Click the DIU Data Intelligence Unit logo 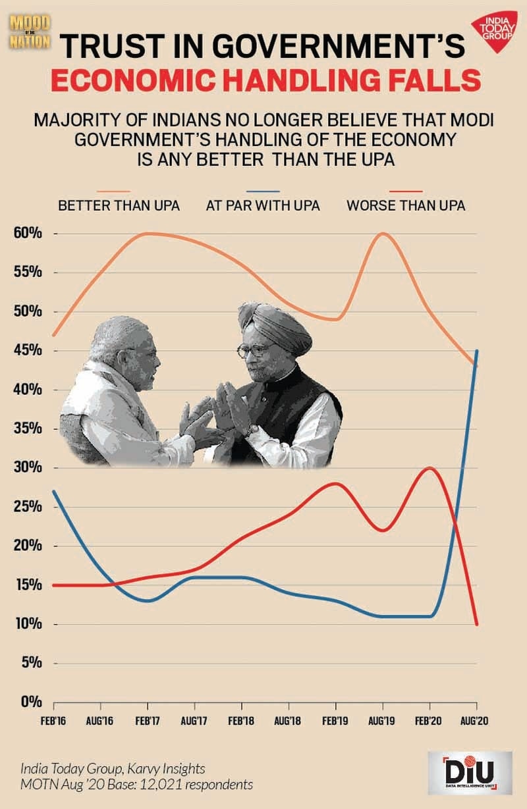pyautogui.click(x=469, y=771)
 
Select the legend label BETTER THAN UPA pyautogui.click(x=119, y=205)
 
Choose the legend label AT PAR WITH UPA pyautogui.click(x=263, y=205)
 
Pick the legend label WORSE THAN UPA pyautogui.click(x=406, y=205)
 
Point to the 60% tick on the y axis pyautogui.click(x=26, y=234)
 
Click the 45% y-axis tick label pyautogui.click(x=26, y=351)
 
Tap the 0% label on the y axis pyautogui.click(x=29, y=702)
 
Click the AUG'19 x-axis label pyautogui.click(x=382, y=721)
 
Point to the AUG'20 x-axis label pyautogui.click(x=476, y=721)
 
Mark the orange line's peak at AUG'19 pyautogui.click(x=382, y=234)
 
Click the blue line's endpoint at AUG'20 pyautogui.click(x=476, y=351)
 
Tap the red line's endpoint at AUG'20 pyautogui.click(x=476, y=623)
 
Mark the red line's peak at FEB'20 pyautogui.click(x=430, y=468)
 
